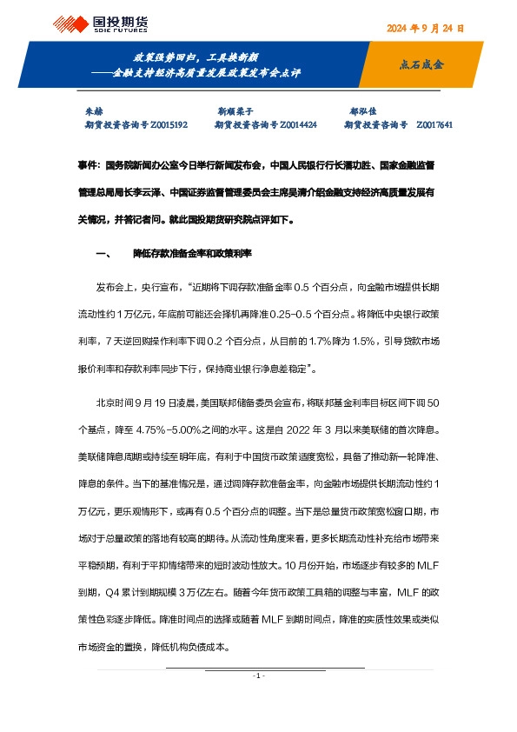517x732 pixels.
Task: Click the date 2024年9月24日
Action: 425,28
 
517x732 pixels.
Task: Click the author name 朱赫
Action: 92,112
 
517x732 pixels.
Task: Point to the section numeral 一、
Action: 102,254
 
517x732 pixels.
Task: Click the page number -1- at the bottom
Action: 258,675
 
